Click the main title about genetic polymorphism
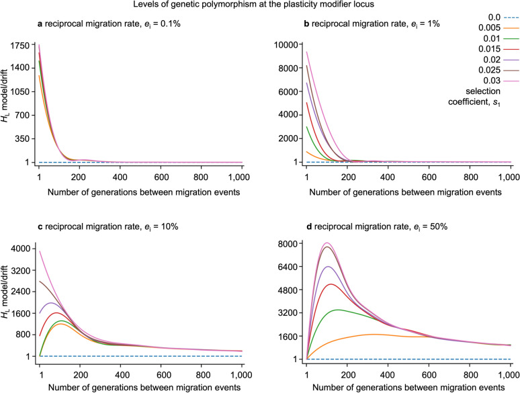260,6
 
